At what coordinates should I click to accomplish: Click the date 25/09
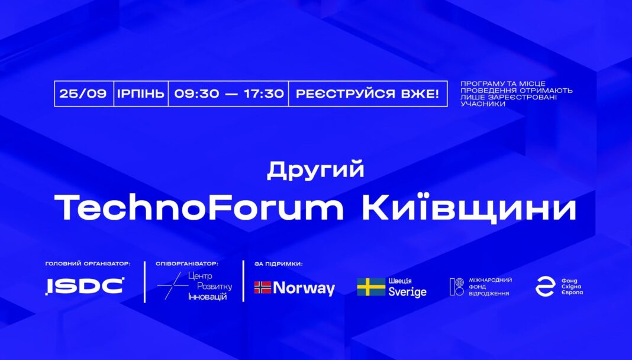point(83,94)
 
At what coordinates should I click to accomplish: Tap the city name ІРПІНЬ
point(141,94)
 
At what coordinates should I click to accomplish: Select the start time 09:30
point(196,94)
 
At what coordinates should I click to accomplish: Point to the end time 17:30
point(264,94)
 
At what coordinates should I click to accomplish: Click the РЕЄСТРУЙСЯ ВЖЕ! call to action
point(367,94)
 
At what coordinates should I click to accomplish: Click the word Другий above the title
point(315,170)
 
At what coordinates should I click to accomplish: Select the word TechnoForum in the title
point(198,208)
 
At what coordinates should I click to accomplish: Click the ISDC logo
point(85,286)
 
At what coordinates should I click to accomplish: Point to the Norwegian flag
point(263,287)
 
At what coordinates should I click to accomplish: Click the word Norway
point(304,288)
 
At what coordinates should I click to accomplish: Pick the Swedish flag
point(371,287)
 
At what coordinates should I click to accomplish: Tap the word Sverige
point(407,292)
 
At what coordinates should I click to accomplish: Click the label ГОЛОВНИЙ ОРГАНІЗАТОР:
point(88,264)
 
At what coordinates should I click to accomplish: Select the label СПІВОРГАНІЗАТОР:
point(186,264)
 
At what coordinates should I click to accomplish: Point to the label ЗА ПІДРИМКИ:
point(279,264)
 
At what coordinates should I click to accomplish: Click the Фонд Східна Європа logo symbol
point(545,287)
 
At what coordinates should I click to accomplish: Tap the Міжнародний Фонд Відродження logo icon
point(457,287)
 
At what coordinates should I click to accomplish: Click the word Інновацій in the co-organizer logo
point(207,297)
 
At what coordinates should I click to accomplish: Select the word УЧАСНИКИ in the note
point(477,104)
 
